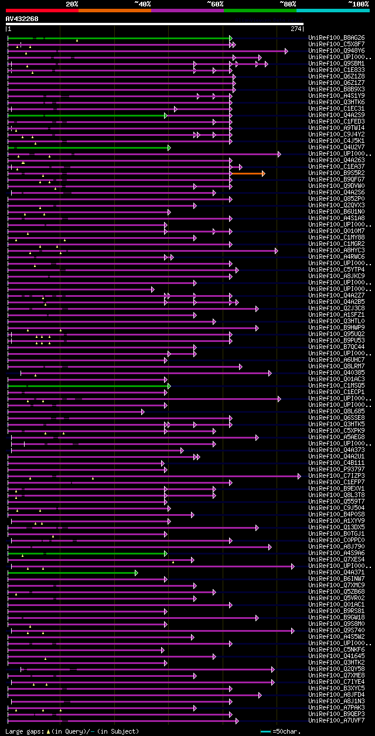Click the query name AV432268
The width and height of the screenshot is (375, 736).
(22, 19)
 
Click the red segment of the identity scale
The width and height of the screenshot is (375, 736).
(42, 10)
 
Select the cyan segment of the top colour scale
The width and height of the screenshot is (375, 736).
(332, 10)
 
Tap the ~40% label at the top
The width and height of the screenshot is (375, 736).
(143, 4)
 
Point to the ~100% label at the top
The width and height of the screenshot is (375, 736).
(358, 4)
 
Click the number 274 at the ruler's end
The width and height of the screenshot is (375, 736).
(295, 28)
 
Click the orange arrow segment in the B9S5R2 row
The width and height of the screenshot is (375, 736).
(247, 173)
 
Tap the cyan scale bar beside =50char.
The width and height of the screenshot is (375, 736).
(265, 731)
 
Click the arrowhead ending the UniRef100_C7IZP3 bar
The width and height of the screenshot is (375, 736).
(299, 476)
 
